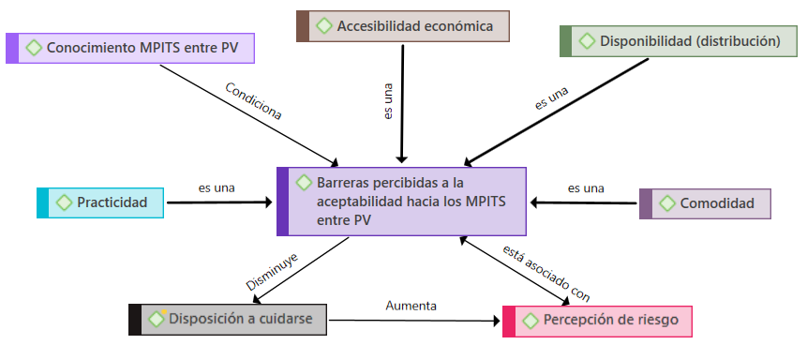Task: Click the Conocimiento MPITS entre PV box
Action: click(x=130, y=49)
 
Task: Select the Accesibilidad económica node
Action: click(x=403, y=26)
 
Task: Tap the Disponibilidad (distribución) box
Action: click(x=679, y=41)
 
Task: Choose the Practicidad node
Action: click(x=100, y=202)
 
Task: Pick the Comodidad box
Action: click(x=705, y=204)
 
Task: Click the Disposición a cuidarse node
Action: click(x=228, y=320)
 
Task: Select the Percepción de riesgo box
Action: click(x=597, y=322)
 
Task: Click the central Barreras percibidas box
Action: click(x=401, y=202)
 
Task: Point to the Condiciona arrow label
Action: click(x=253, y=101)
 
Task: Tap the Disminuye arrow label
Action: click(x=272, y=272)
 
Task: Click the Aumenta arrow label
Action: click(x=411, y=306)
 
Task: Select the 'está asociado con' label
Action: click(x=546, y=273)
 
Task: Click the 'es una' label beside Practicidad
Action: click(x=217, y=188)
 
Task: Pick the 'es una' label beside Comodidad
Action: click(x=586, y=188)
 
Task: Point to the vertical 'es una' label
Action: click(x=389, y=101)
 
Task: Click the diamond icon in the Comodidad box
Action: click(x=667, y=204)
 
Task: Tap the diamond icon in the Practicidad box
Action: click(x=64, y=202)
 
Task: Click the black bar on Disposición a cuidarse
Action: click(x=135, y=320)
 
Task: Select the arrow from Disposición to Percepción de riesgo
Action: click(x=414, y=321)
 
